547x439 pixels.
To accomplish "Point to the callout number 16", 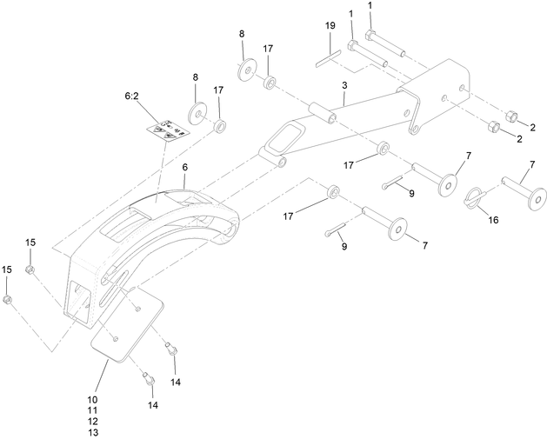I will click(x=493, y=221).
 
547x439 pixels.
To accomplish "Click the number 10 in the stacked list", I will click(x=92, y=399).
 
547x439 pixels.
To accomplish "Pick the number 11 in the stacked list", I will click(x=92, y=410).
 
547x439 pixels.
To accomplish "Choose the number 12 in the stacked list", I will click(x=92, y=422).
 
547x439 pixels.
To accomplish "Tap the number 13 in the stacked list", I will click(x=92, y=432).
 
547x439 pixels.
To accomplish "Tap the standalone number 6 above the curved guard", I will click(x=184, y=167).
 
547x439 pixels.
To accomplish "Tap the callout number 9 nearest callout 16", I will click(x=412, y=193).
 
